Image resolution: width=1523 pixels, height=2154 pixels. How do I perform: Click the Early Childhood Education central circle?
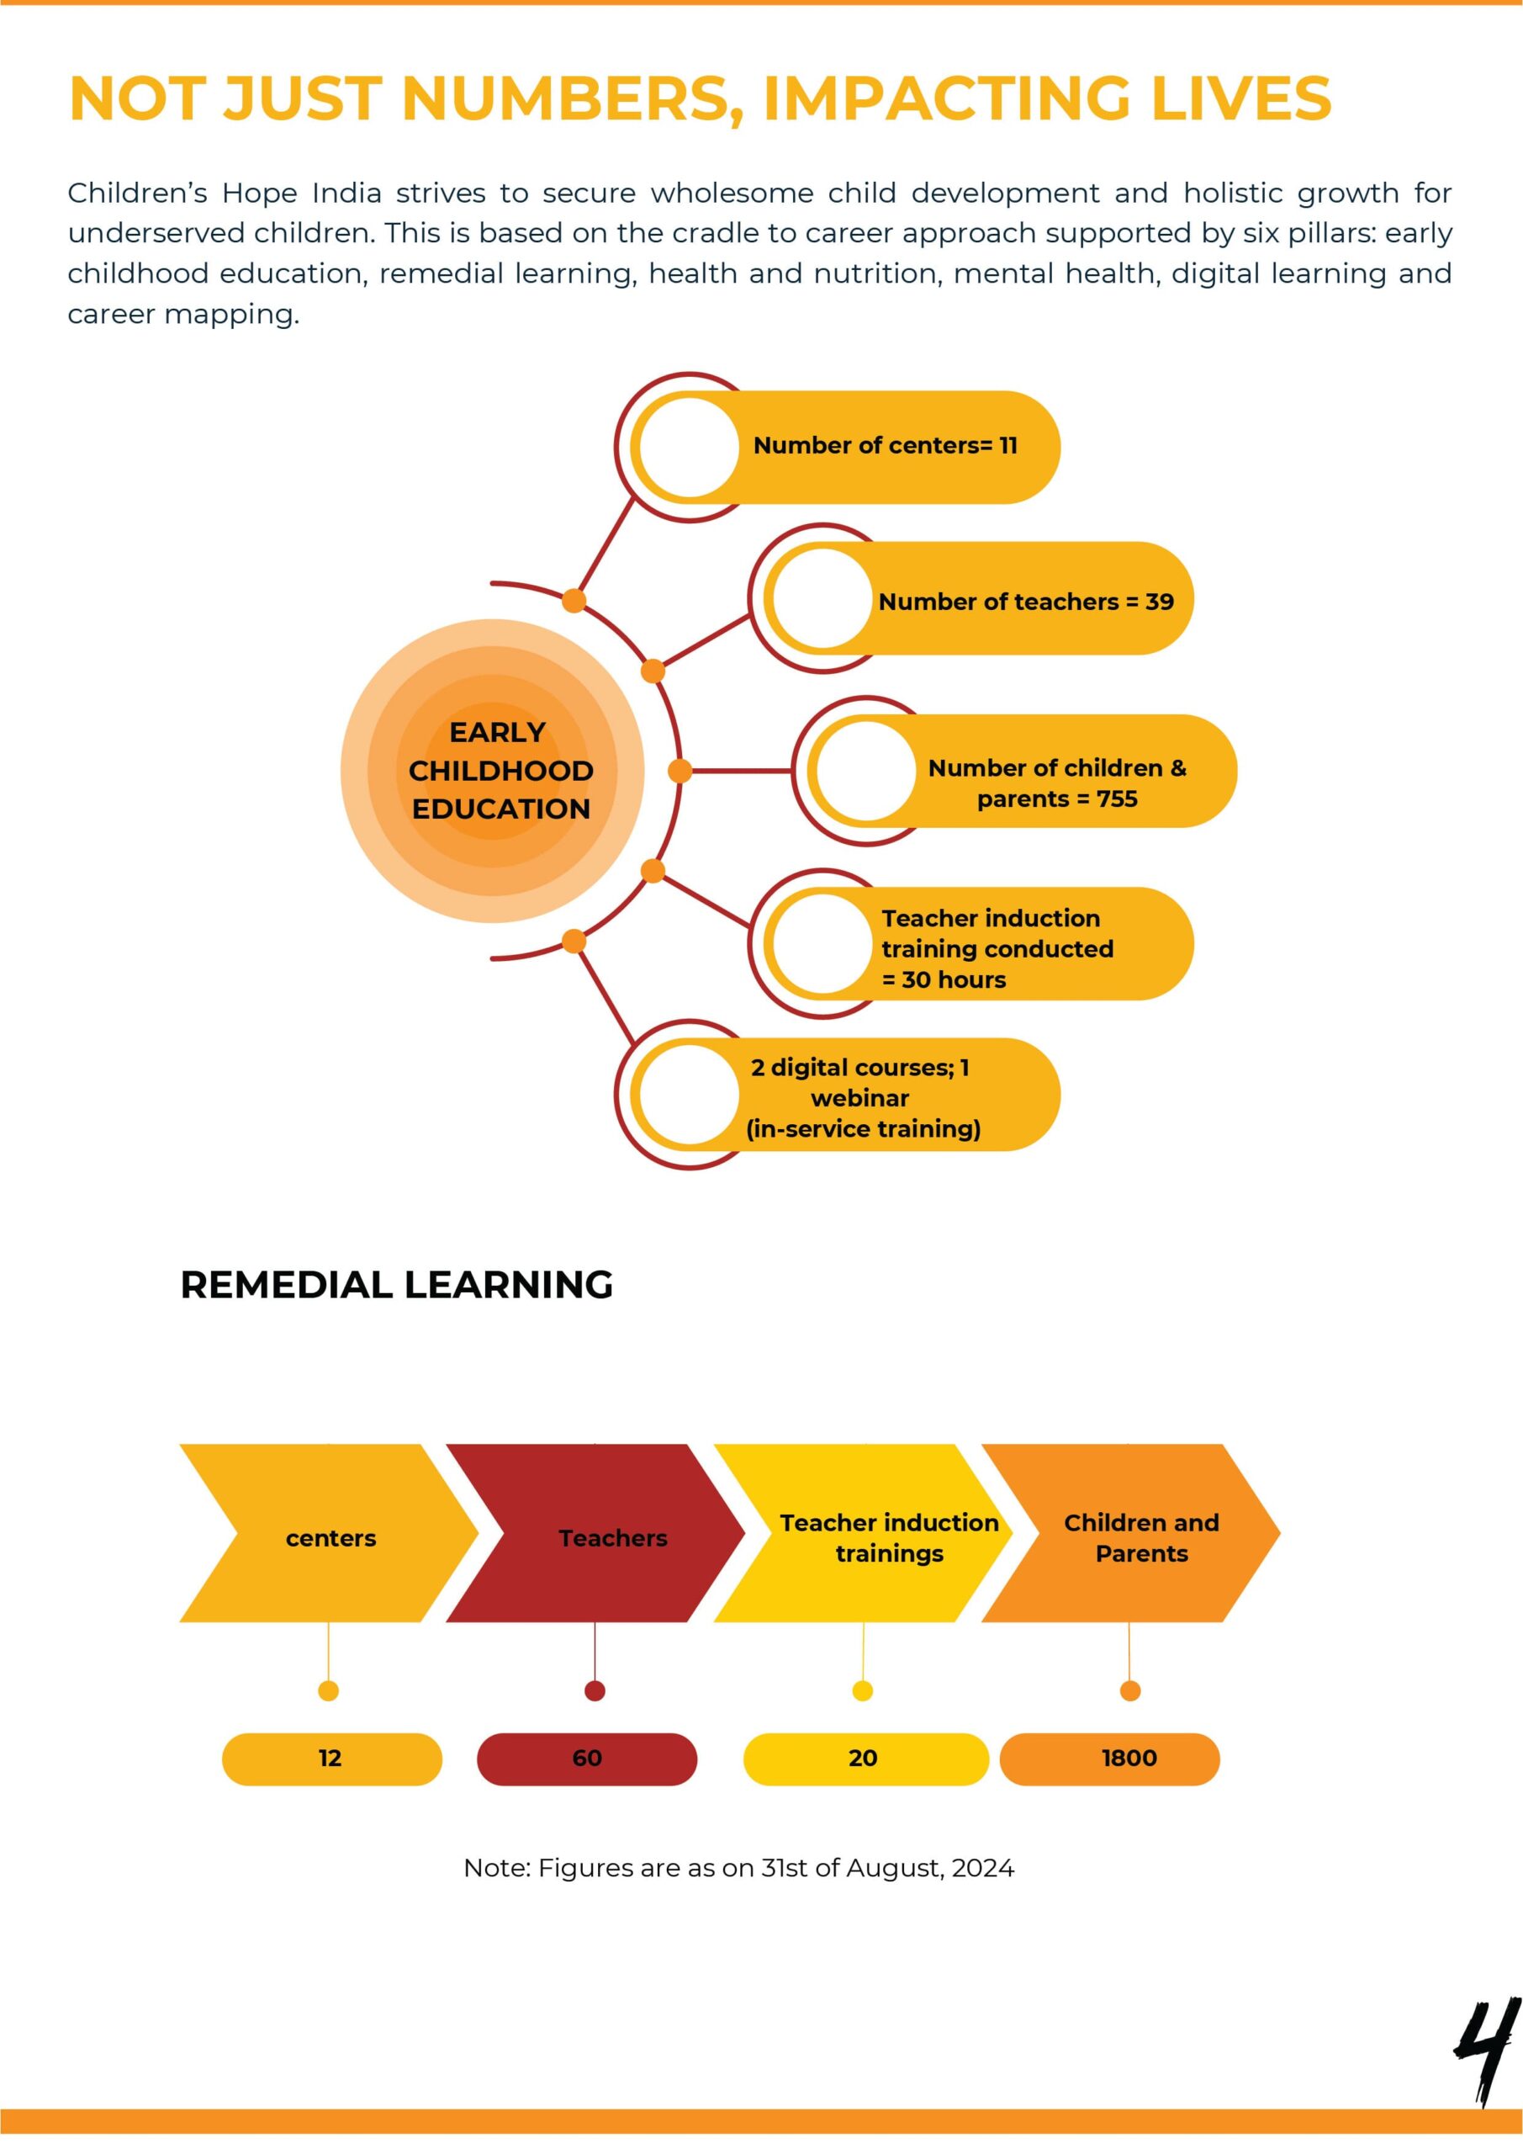[x=492, y=772]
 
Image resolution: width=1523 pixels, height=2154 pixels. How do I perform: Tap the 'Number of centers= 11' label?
[x=886, y=446]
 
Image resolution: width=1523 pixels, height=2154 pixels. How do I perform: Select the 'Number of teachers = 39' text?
[x=1026, y=602]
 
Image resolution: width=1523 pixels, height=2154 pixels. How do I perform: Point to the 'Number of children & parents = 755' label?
[x=1057, y=783]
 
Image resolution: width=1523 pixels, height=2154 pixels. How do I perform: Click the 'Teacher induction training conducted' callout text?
[x=997, y=948]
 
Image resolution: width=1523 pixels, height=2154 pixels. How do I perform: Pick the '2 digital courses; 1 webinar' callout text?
[x=863, y=1098]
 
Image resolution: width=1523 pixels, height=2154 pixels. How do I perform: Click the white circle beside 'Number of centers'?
[x=690, y=448]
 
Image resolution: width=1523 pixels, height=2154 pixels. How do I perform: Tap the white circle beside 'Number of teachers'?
[x=822, y=598]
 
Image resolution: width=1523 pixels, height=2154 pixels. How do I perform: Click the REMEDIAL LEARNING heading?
[x=397, y=1284]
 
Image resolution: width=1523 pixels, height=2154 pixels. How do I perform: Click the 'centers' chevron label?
[x=331, y=1539]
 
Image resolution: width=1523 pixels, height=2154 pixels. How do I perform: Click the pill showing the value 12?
[x=332, y=1759]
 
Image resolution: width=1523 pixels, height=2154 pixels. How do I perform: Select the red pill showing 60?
[x=587, y=1759]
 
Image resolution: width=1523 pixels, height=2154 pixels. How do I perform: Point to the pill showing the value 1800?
[x=1110, y=1759]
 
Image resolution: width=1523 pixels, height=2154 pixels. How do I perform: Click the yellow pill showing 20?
[x=866, y=1759]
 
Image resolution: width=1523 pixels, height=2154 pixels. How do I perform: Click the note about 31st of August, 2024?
[x=739, y=1868]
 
